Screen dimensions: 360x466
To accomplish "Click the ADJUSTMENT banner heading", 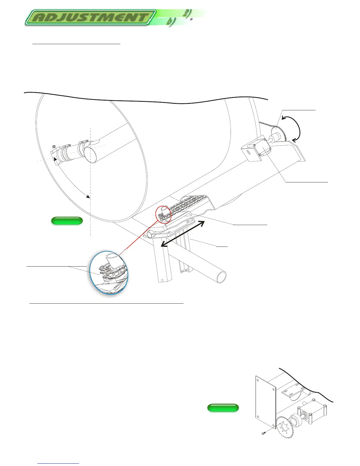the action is (x=90, y=17).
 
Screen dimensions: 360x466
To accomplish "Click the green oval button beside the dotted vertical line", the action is (x=67, y=221).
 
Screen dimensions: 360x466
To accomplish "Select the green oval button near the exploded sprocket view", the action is (x=223, y=407).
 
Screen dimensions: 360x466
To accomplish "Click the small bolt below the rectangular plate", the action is (x=263, y=433).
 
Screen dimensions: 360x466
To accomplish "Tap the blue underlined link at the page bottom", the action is (x=59, y=464).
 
